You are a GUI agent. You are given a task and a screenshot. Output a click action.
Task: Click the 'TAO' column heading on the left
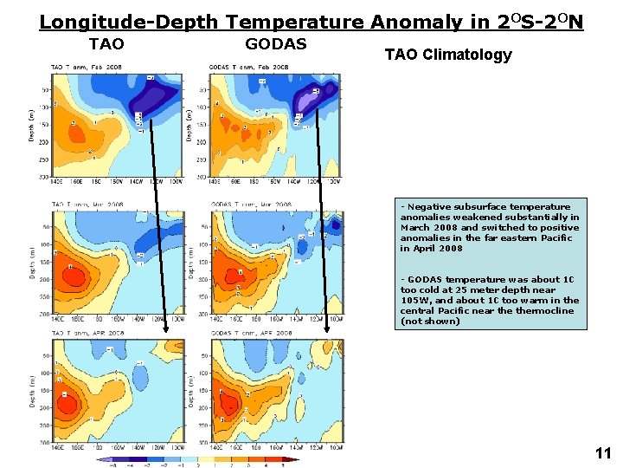click(x=106, y=44)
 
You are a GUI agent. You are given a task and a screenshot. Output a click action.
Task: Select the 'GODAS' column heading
click(x=276, y=44)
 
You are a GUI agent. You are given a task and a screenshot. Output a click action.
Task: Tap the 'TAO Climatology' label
click(x=447, y=55)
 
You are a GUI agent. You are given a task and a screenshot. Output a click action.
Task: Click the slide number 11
click(x=602, y=452)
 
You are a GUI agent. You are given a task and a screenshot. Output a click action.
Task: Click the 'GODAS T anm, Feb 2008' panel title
click(x=250, y=67)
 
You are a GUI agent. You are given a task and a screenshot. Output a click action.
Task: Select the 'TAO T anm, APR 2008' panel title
click(x=86, y=333)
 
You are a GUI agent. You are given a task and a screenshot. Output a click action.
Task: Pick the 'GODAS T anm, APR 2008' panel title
click(x=251, y=333)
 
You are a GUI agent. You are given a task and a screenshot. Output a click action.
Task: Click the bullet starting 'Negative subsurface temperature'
click(x=489, y=227)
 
